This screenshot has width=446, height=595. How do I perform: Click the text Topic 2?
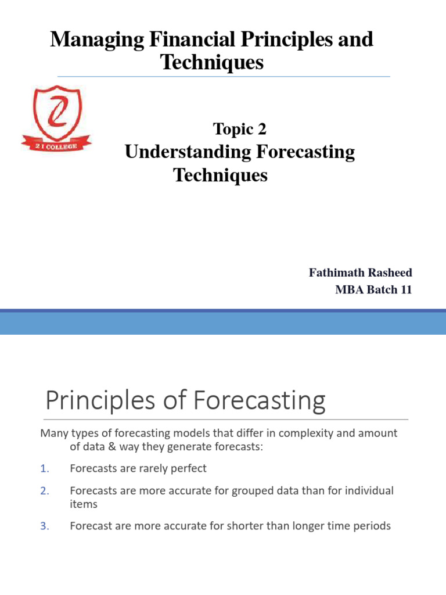[240, 130]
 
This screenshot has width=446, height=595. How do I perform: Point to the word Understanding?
[188, 152]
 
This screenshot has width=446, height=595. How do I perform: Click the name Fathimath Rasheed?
[360, 273]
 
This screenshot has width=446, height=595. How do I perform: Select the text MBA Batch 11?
[373, 290]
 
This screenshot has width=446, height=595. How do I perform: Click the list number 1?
[45, 468]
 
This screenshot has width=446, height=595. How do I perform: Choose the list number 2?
[45, 490]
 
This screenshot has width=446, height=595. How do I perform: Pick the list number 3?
[45, 526]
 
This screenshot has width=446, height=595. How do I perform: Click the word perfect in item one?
[187, 468]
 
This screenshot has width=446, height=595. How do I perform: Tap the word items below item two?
[83, 504]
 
